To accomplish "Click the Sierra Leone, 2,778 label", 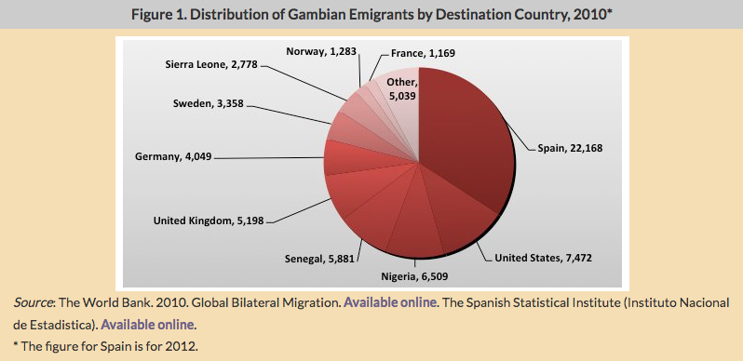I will pyautogui.click(x=205, y=66).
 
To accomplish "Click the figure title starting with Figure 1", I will pyautogui.click(x=371, y=13).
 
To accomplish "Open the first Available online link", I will pyautogui.click(x=383, y=303).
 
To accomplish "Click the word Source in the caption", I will pyautogui.click(x=34, y=303).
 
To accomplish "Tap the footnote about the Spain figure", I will pyautogui.click(x=106, y=346).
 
